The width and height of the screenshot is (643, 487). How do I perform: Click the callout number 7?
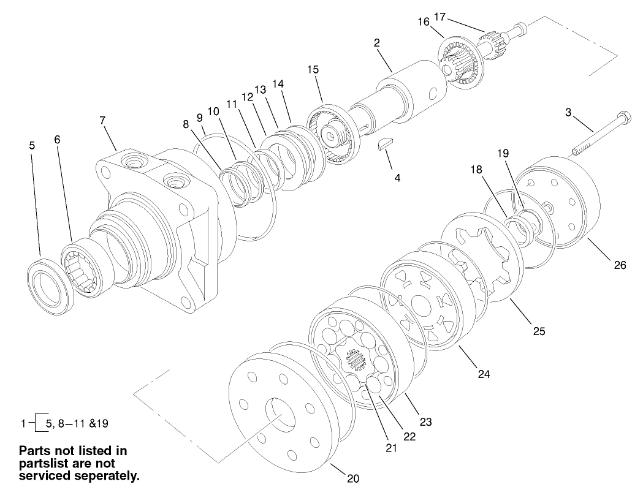pyautogui.click(x=102, y=121)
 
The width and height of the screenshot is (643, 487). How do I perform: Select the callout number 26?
pyautogui.click(x=620, y=265)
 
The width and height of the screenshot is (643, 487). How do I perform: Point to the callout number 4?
pyautogui.click(x=397, y=178)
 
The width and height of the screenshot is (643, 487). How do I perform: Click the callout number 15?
pyautogui.click(x=313, y=69)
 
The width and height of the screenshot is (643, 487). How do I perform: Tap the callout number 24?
pyautogui.click(x=484, y=373)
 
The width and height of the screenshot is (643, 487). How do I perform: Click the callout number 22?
pyautogui.click(x=409, y=436)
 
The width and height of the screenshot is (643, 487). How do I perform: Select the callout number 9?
pyautogui.click(x=199, y=117)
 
